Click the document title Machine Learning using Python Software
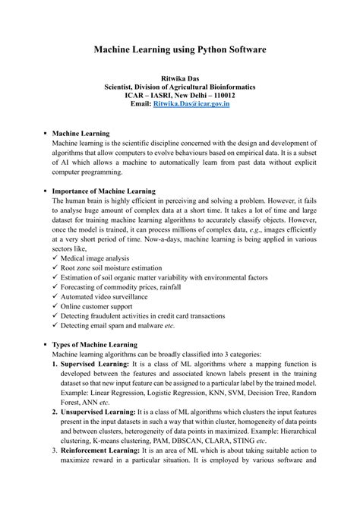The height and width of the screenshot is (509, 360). (x=180, y=49)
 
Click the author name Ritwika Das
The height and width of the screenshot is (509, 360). (x=180, y=78)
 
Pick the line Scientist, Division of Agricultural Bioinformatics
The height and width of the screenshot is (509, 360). (x=180, y=87)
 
